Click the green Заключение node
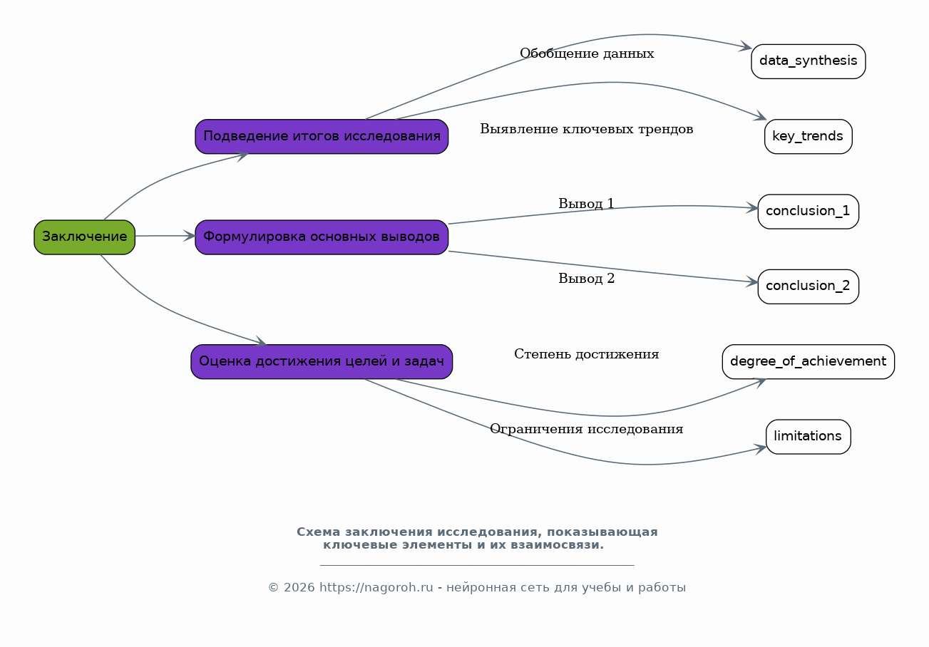[85, 237]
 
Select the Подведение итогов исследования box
[322, 136]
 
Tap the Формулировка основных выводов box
[322, 237]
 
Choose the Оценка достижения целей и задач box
[322, 361]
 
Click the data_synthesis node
[808, 61]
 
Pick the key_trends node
[808, 136]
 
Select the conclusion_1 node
[808, 212]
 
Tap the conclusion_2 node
[808, 286]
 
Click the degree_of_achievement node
[808, 361]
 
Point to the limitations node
[808, 437]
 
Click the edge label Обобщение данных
[587, 53]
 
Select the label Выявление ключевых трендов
[587, 129]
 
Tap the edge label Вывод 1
[586, 204]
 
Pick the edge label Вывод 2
[586, 278]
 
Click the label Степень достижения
[587, 354]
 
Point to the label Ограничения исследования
[587, 428]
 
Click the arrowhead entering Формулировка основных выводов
[190, 236]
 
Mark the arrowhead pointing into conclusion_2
[752, 281]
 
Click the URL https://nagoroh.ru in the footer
[376, 587]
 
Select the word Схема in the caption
[318, 532]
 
